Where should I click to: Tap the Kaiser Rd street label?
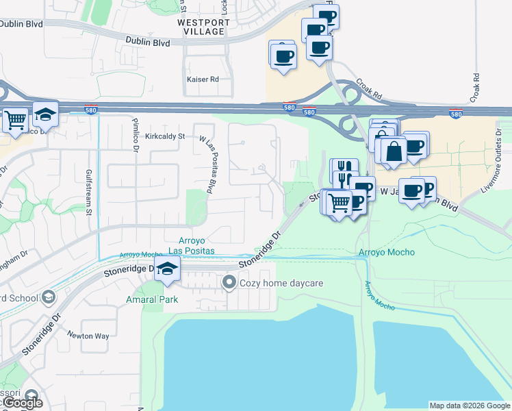[x=203, y=79]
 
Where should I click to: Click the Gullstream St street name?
[x=88, y=192]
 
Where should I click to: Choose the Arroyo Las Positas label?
[x=196, y=245]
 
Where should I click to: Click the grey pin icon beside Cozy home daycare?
[x=229, y=282]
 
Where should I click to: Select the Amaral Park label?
[x=152, y=299]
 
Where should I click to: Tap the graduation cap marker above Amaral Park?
[x=166, y=270]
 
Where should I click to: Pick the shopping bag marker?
[x=394, y=151]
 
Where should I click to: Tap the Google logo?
[x=22, y=403]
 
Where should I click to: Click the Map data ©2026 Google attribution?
[x=470, y=406]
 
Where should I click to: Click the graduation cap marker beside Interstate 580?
[x=45, y=114]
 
